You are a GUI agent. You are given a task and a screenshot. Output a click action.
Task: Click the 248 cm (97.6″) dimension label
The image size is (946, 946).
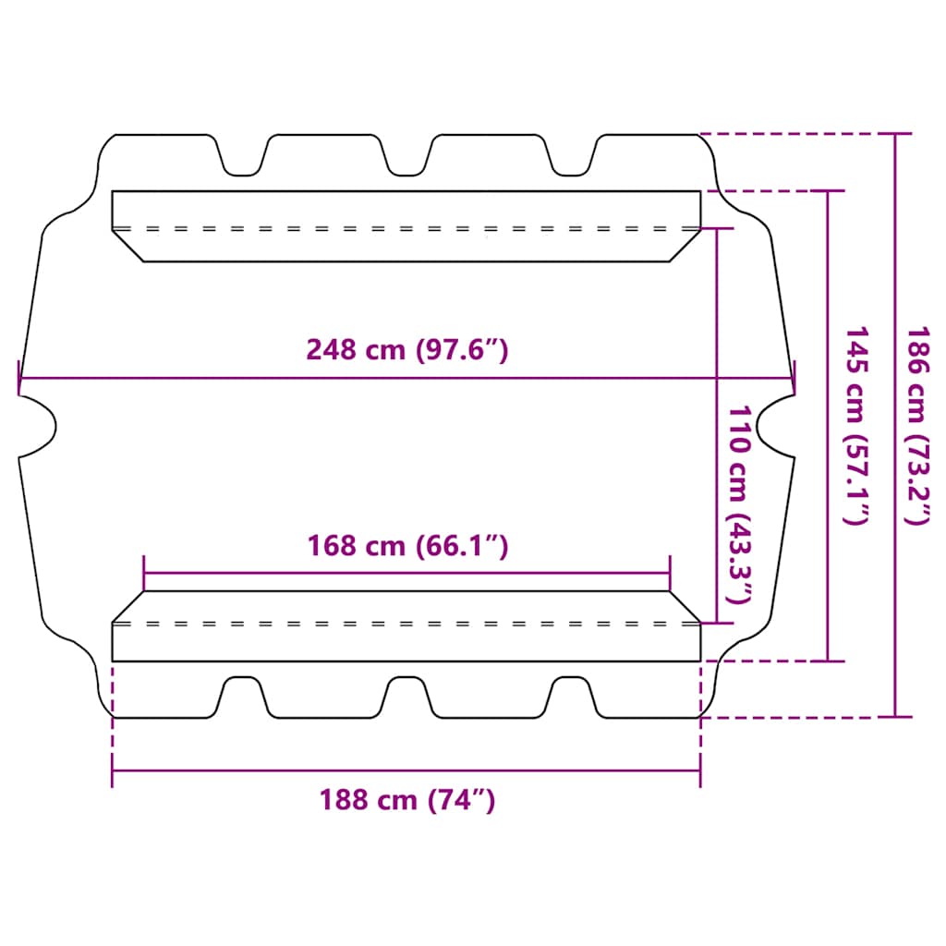point(407,350)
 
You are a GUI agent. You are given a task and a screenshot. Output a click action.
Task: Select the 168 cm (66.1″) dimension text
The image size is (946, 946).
point(407,546)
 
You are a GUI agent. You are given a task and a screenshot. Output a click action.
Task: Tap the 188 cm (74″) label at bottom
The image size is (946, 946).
point(407,799)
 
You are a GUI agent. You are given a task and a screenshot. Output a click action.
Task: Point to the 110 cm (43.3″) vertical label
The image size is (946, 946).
point(741,503)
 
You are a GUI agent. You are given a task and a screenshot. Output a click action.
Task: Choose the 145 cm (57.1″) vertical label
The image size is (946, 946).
point(856,425)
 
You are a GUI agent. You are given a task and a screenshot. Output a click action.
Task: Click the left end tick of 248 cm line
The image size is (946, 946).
point(18,377)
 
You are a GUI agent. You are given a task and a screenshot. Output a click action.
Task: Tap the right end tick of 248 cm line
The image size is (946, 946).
point(794,377)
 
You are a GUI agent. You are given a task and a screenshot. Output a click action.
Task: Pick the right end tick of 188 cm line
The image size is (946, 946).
point(700,770)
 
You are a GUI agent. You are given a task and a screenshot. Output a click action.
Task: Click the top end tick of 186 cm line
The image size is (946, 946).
point(894,134)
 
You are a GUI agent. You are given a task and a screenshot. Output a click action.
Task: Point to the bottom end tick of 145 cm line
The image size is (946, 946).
point(828,661)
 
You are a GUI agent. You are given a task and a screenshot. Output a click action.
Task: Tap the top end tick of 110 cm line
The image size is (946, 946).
point(718,228)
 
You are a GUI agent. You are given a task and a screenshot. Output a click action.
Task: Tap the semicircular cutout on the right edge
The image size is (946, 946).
point(774,425)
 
